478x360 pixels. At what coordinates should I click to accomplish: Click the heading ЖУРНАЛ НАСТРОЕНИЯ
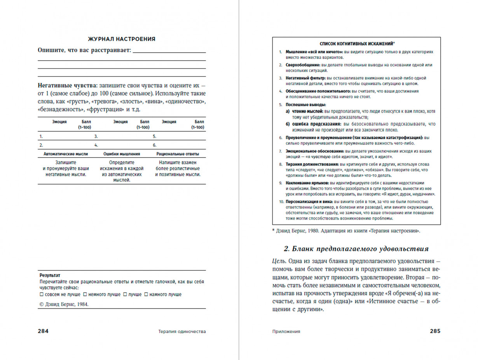click(x=122, y=39)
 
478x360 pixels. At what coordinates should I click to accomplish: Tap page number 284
click(x=43, y=331)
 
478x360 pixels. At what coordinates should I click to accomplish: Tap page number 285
click(x=435, y=331)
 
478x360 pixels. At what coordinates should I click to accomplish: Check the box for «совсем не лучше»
click(x=42, y=294)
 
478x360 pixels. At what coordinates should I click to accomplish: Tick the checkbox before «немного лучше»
click(x=85, y=294)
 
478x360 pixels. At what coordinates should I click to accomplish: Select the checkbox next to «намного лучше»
click(x=146, y=294)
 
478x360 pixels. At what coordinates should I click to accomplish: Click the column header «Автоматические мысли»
click(x=65, y=154)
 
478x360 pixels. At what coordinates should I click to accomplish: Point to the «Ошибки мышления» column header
click(x=122, y=154)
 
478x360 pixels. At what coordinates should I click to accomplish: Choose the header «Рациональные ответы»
click(x=177, y=154)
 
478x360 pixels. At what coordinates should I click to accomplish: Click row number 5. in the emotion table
click(x=154, y=136)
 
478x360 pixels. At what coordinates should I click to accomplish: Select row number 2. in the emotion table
click(x=41, y=145)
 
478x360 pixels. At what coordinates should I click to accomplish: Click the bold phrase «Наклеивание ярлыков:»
click(x=307, y=183)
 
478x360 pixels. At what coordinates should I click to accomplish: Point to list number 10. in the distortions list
click(x=282, y=202)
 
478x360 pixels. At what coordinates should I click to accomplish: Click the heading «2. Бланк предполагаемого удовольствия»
click(x=356, y=249)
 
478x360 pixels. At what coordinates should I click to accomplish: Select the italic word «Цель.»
click(x=279, y=262)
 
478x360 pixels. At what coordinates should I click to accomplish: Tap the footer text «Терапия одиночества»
click(x=182, y=332)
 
